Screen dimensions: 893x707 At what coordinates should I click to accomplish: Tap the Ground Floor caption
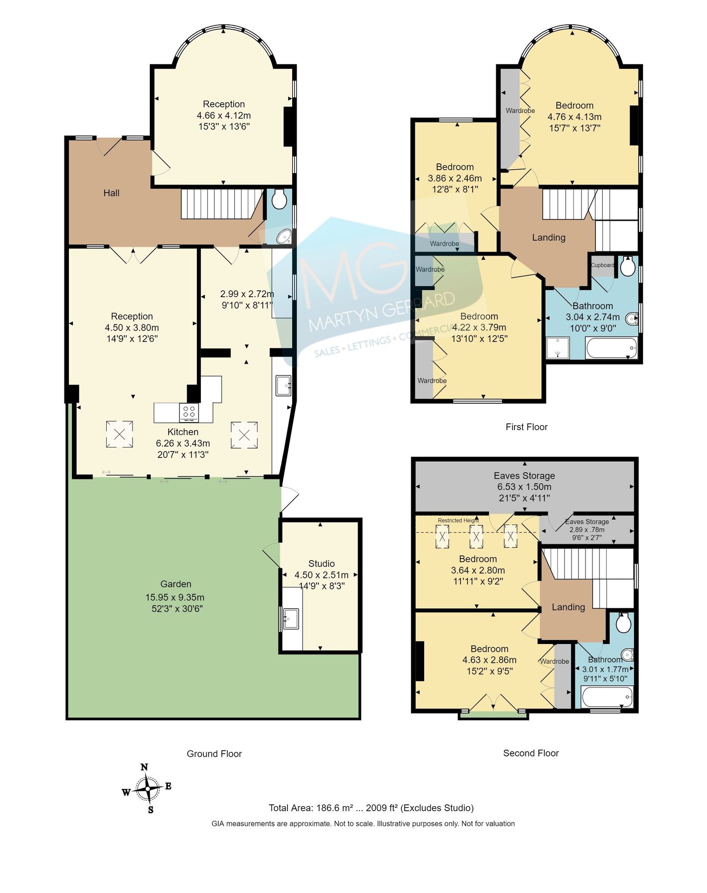tap(214, 754)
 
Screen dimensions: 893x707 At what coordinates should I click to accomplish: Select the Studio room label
tap(321, 564)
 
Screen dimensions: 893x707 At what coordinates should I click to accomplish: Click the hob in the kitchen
tap(189, 412)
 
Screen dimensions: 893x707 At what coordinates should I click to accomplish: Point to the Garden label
tap(176, 584)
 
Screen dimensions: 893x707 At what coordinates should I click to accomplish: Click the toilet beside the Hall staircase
tap(279, 199)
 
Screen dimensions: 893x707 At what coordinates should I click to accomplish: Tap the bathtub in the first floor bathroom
tap(611, 348)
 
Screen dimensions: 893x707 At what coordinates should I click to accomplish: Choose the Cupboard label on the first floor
tap(602, 265)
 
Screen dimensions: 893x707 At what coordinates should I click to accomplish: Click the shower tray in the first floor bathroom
tap(558, 348)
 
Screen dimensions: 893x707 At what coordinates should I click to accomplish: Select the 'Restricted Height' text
tap(458, 520)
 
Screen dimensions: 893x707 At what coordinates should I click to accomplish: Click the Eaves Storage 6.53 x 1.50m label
tap(524, 486)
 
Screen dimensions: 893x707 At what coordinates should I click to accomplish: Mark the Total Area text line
tap(371, 808)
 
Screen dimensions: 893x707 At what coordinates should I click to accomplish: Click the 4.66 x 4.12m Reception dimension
tap(224, 116)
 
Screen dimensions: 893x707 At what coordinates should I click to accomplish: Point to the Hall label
tap(111, 193)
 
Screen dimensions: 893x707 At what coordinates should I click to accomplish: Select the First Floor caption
tap(526, 427)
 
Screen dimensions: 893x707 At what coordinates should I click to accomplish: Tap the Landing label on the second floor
tap(568, 607)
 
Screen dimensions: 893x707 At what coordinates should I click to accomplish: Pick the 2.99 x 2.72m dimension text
tap(247, 294)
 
